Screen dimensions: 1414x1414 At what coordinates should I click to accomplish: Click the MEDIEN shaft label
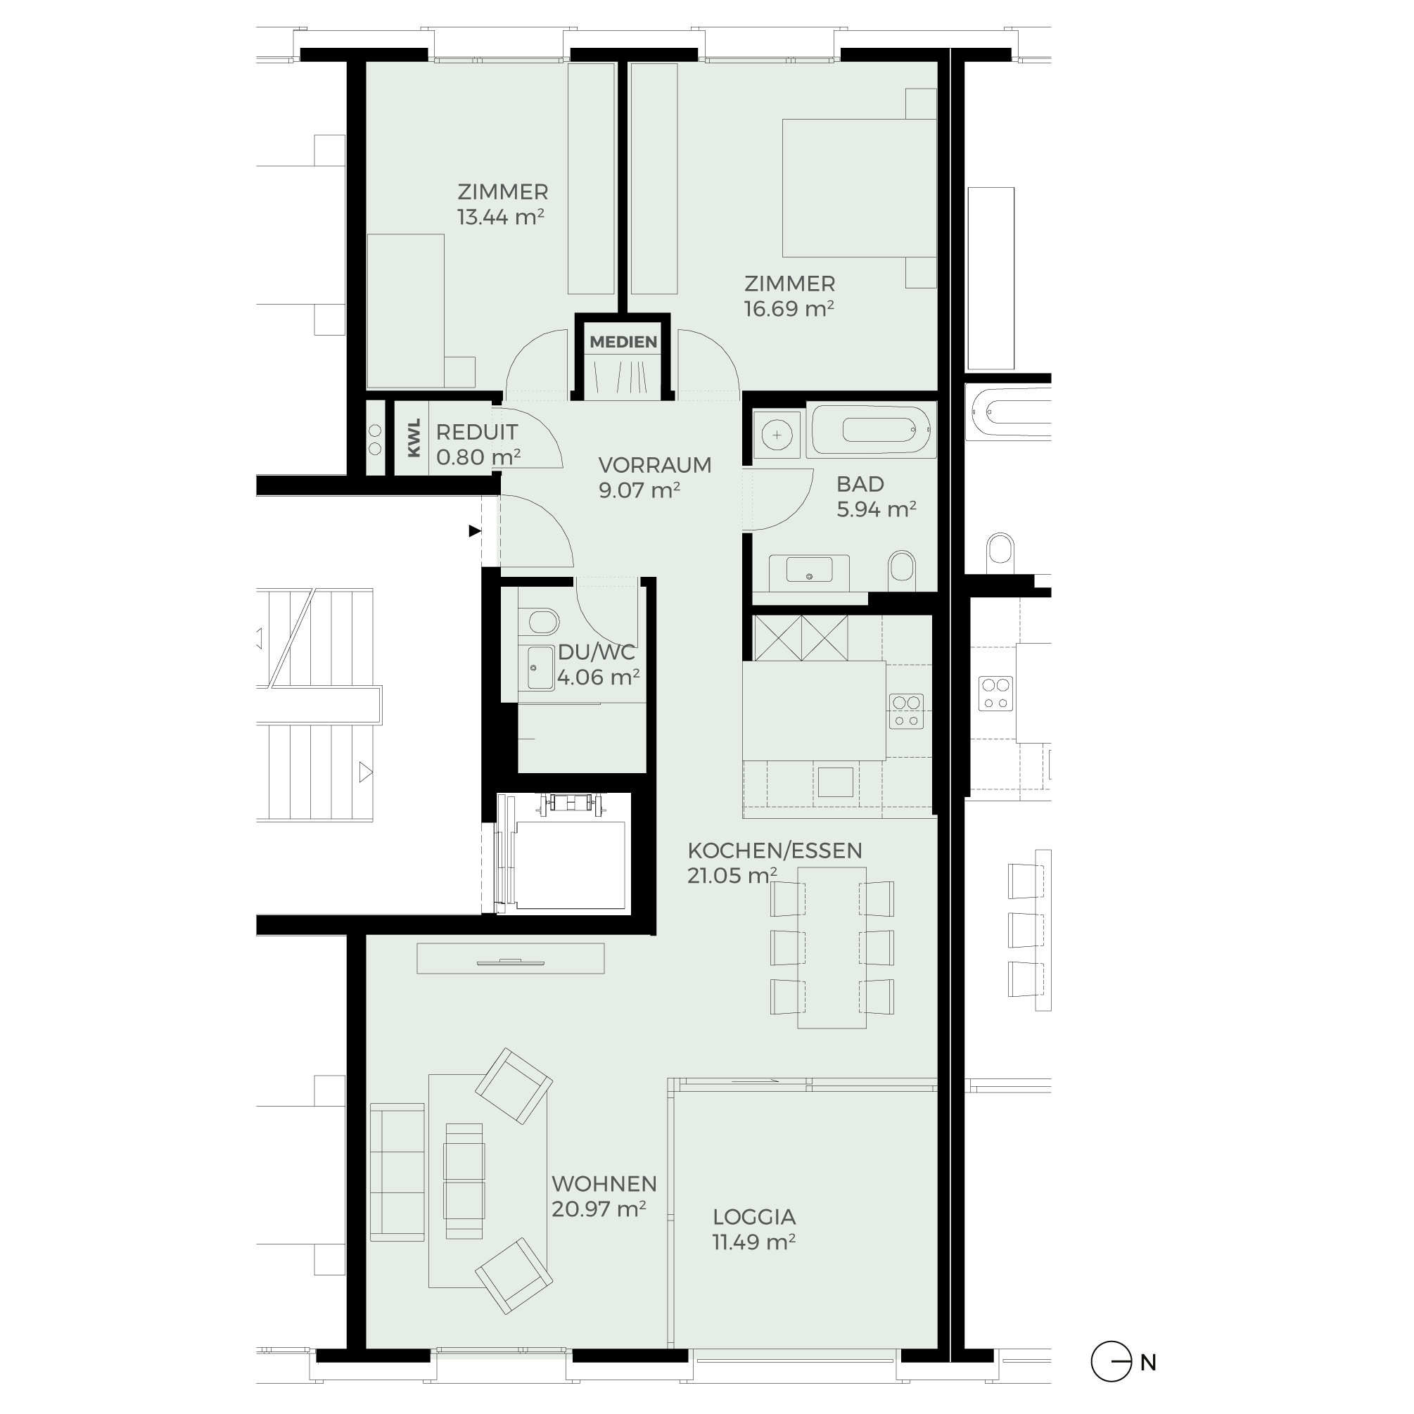point(623,342)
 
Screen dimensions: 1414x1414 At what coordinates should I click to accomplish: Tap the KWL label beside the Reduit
point(414,438)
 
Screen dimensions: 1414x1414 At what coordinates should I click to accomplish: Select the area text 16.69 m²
point(789,309)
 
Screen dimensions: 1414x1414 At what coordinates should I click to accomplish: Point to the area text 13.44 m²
point(501,217)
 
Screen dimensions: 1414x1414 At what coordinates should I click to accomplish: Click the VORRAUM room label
point(654,465)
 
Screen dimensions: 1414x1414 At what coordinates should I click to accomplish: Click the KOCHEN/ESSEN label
point(775,851)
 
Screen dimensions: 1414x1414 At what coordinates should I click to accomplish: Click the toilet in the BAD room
point(902,571)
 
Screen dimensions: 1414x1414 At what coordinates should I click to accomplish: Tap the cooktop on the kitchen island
point(906,711)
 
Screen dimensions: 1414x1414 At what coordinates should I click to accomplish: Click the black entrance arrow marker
point(475,530)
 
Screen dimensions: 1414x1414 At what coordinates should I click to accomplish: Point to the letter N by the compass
point(1147,1363)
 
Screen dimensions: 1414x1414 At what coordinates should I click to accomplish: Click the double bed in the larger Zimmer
point(859,188)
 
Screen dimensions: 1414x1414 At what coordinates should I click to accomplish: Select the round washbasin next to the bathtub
point(777,435)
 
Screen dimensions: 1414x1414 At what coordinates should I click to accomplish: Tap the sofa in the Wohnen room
point(397,1172)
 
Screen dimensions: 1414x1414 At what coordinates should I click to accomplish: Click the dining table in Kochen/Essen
point(832,948)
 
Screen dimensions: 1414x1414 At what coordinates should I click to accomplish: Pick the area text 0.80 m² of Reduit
point(478,457)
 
